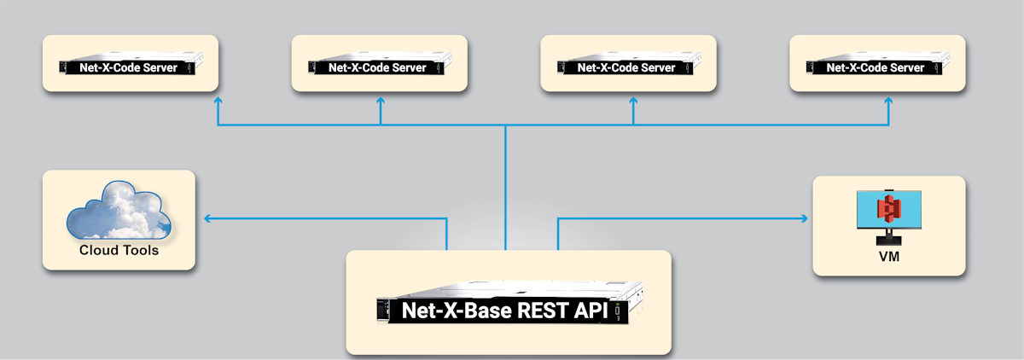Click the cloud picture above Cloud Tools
click(x=119, y=211)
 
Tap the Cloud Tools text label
click(x=119, y=251)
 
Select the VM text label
click(x=888, y=256)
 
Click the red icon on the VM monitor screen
click(x=889, y=208)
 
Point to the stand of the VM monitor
click(x=889, y=236)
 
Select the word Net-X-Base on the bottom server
click(x=458, y=311)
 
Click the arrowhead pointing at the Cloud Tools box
click(x=207, y=219)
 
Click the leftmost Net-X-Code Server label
click(x=130, y=67)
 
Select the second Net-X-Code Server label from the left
click(x=379, y=67)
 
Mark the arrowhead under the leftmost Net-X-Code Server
click(x=218, y=101)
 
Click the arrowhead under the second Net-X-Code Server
click(x=381, y=101)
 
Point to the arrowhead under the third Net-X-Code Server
click(x=633, y=101)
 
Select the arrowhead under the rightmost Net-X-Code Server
click(x=888, y=101)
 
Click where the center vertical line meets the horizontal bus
click(x=506, y=126)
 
